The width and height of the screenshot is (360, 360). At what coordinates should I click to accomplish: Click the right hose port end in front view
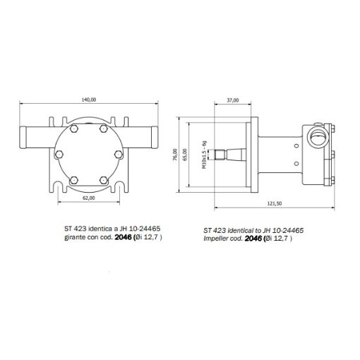point(153,131)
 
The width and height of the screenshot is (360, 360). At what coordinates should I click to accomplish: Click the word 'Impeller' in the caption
point(216,239)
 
